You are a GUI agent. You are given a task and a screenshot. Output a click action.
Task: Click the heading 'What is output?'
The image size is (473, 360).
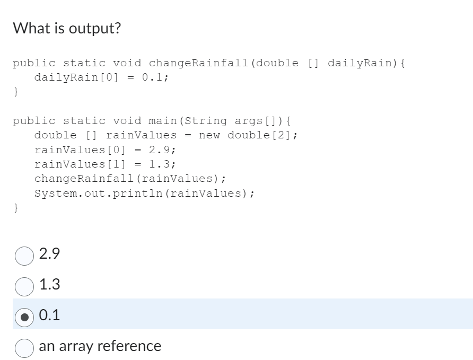tap(67, 28)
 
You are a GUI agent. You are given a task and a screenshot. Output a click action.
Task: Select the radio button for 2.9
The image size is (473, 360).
tap(24, 255)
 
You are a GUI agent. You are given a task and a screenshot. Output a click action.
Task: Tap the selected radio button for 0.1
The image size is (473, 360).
tap(24, 316)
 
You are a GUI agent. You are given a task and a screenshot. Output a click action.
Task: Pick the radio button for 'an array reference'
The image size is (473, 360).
tap(24, 347)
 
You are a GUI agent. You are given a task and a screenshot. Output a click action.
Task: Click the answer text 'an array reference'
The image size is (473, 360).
tap(100, 346)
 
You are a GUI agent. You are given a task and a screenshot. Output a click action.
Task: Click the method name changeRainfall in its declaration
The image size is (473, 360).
tap(199, 63)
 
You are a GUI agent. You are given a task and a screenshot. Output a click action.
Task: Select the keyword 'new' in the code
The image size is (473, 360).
tap(209, 135)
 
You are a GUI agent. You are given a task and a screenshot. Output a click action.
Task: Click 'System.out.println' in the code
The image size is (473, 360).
tap(98, 193)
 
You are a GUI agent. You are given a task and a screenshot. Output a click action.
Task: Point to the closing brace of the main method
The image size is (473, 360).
tap(16, 207)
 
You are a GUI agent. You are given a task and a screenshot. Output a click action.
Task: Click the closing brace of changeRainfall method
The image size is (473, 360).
tap(16, 92)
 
